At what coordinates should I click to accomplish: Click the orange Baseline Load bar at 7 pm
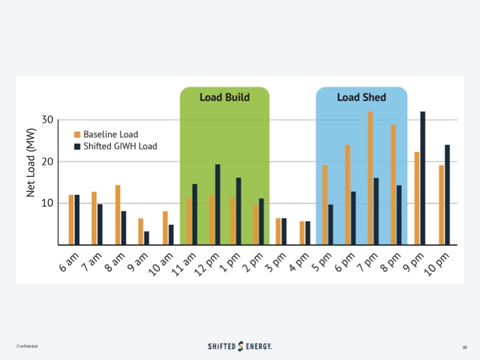pyautogui.click(x=371, y=178)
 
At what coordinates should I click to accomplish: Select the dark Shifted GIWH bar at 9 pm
pyautogui.click(x=423, y=178)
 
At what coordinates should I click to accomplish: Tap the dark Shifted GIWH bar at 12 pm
pyautogui.click(x=217, y=204)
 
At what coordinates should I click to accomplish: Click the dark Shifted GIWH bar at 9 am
pyautogui.click(x=147, y=238)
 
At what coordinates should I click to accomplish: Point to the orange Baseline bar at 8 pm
pyautogui.click(x=393, y=185)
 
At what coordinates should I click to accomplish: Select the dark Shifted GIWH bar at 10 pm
pyautogui.click(x=447, y=195)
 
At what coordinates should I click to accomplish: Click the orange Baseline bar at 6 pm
pyautogui.click(x=348, y=195)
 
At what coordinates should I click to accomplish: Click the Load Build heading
pyautogui.click(x=225, y=97)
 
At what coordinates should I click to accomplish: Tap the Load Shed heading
pyautogui.click(x=361, y=97)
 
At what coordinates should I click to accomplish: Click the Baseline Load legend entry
pyautogui.click(x=109, y=134)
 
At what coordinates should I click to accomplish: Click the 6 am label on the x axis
pyautogui.click(x=69, y=262)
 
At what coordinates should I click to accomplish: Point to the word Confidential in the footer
pyautogui.click(x=27, y=347)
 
